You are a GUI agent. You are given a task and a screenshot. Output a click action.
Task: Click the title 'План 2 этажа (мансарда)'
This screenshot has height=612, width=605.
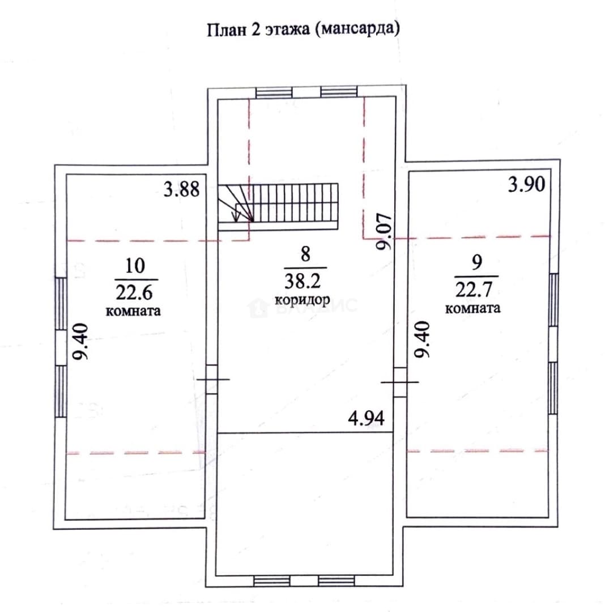[303, 29]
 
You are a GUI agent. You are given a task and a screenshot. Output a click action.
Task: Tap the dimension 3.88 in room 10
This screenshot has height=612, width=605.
[181, 189]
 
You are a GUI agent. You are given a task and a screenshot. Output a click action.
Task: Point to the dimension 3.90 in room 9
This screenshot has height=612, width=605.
[526, 184]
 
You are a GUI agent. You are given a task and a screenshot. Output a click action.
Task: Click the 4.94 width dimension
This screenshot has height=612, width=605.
[366, 418]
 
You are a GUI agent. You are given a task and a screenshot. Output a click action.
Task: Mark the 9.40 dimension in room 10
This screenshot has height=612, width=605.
[81, 342]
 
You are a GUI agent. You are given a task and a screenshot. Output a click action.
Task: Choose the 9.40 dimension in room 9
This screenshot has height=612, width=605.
[421, 339]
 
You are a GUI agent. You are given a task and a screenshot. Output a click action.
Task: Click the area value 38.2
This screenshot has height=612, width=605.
[302, 280]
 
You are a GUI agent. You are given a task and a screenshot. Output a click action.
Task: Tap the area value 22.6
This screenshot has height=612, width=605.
[134, 292]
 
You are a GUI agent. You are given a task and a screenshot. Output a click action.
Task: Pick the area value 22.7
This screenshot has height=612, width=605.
[474, 290]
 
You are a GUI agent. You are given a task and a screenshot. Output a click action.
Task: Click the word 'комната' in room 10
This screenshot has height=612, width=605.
[133, 311]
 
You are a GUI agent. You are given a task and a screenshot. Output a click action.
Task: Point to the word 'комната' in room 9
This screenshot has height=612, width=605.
[473, 308]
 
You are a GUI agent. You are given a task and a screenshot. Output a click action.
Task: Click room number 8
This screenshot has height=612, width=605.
[305, 254]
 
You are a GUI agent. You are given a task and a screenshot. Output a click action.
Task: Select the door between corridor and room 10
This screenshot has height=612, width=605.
[211, 379]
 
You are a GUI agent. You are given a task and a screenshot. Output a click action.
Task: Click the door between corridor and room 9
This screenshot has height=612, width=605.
[400, 382]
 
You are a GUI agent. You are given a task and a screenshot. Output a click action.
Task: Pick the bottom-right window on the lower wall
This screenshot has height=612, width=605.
[336, 581]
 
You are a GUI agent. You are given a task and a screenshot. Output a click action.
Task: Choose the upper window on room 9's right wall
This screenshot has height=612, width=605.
[553, 300]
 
